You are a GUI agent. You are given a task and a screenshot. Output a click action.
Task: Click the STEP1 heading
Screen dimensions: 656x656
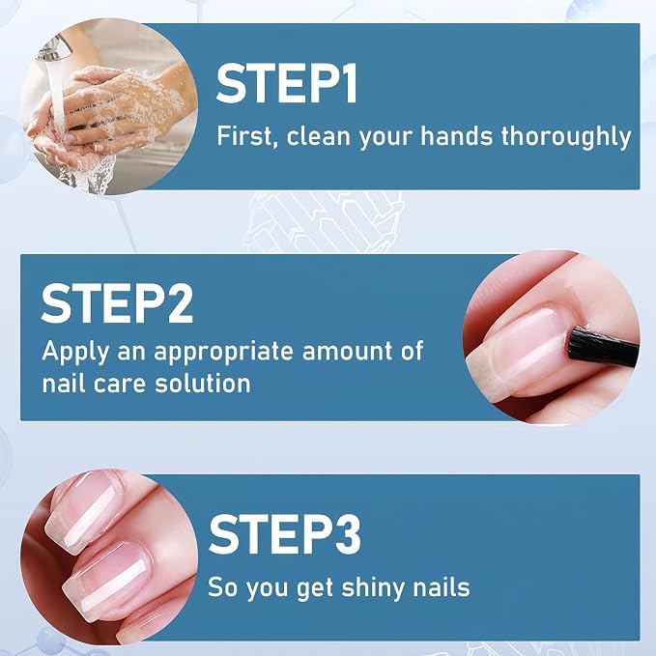287,83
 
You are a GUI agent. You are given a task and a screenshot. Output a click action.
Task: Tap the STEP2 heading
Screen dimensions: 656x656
117,303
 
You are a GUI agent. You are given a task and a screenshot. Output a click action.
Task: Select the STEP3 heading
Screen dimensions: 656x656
284,534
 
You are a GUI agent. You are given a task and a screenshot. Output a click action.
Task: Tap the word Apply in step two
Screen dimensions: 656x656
75,352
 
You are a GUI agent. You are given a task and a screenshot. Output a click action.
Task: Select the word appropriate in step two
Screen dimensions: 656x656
223,353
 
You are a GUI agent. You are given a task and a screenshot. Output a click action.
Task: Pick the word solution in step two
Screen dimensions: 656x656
203,383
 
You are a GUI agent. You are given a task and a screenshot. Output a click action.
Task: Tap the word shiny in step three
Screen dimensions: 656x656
372,587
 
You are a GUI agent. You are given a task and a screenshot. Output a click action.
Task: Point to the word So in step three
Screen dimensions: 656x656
222,586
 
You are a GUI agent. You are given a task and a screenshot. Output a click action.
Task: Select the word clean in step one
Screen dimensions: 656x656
319,136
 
